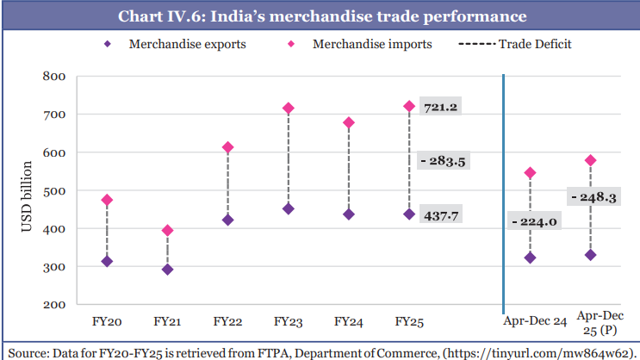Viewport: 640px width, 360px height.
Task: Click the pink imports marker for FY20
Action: click(107, 200)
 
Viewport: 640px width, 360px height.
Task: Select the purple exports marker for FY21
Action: click(167, 270)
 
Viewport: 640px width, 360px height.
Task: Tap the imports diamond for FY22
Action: click(227, 147)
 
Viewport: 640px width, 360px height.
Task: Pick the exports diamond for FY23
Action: click(288, 208)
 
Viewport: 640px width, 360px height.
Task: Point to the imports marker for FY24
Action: click(348, 123)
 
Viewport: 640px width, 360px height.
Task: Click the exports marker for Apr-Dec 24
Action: click(531, 258)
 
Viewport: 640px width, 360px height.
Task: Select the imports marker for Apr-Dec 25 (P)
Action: click(591, 160)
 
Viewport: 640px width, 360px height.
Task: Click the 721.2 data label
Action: click(440, 108)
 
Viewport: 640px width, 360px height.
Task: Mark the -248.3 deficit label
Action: click(593, 197)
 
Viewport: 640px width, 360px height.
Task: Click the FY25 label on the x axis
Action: click(408, 321)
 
